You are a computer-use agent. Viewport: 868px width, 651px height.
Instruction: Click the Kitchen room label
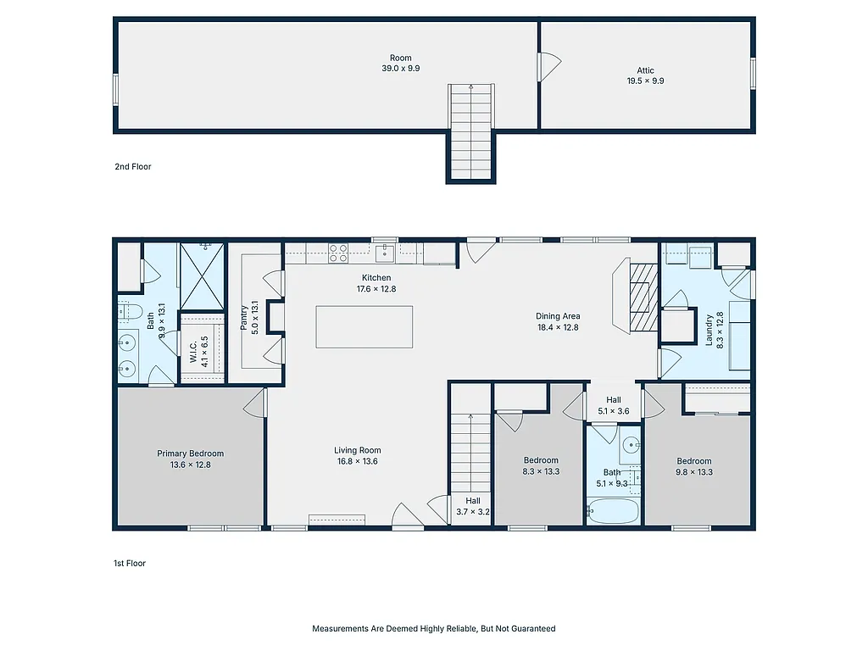click(x=376, y=278)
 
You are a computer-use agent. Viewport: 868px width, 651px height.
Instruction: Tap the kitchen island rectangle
click(x=364, y=327)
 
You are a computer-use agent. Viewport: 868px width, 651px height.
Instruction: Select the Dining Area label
click(x=557, y=316)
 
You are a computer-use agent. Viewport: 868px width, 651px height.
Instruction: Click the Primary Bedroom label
click(x=190, y=453)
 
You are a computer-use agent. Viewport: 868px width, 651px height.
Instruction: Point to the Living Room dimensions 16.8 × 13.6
click(x=357, y=462)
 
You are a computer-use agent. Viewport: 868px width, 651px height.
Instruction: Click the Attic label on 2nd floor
click(x=645, y=71)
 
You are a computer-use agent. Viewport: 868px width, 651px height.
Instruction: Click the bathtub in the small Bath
click(x=612, y=510)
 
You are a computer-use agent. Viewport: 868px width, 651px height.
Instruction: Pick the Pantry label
click(x=245, y=320)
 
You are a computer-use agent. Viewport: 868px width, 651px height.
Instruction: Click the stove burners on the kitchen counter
click(x=338, y=253)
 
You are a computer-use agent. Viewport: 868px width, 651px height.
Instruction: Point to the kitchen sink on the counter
click(x=384, y=252)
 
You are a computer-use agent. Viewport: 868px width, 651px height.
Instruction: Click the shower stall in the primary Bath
click(x=203, y=275)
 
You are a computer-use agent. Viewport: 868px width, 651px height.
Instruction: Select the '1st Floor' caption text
click(x=130, y=563)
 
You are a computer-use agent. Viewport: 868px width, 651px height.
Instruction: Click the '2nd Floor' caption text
click(x=133, y=167)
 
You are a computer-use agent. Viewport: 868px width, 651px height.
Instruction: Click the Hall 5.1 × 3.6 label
click(x=613, y=405)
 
